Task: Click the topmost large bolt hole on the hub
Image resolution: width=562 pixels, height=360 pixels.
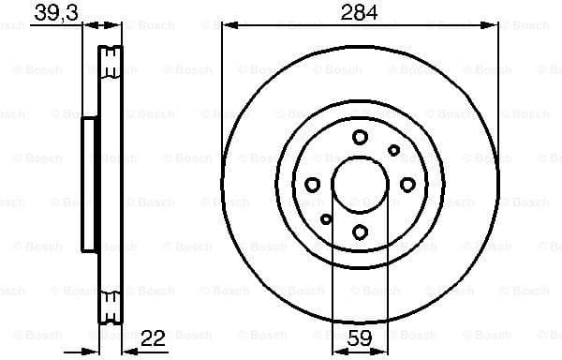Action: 361,137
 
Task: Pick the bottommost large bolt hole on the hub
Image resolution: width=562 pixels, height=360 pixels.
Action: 361,232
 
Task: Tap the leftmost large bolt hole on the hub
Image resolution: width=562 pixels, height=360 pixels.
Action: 313,185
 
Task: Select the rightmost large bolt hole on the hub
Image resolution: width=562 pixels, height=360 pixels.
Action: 408,185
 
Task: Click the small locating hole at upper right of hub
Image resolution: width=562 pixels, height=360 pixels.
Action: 394,150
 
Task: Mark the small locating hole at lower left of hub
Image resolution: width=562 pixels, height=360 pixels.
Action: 326,219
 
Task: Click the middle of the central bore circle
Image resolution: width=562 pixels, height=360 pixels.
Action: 361,185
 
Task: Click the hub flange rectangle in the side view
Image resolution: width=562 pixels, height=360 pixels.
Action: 90,185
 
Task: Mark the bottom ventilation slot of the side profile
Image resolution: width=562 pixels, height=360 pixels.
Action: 111,306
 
